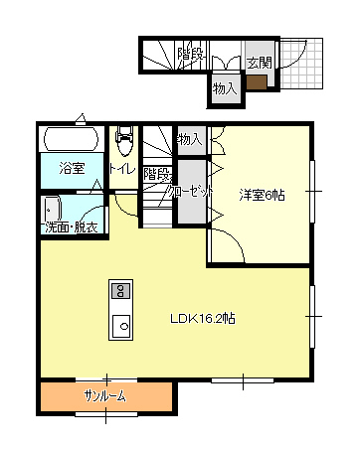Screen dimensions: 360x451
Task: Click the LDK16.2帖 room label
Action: click(x=203, y=319)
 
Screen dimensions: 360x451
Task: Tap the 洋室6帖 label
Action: click(x=262, y=196)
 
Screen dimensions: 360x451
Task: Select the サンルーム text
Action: click(x=105, y=396)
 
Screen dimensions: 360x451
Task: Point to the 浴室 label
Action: click(x=73, y=168)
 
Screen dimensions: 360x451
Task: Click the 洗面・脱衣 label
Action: click(x=72, y=227)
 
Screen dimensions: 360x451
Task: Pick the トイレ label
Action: click(x=122, y=169)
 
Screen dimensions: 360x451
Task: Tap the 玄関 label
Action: click(x=260, y=63)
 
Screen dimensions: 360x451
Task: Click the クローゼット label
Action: click(x=191, y=192)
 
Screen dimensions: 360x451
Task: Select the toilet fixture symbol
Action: click(x=124, y=140)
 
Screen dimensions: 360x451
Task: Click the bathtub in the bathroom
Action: click(x=71, y=139)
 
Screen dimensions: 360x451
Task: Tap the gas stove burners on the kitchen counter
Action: click(x=121, y=291)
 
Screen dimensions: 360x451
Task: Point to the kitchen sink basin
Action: click(x=121, y=326)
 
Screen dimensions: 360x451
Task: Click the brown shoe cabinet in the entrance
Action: click(x=257, y=82)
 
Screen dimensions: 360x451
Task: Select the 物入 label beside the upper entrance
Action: click(x=225, y=88)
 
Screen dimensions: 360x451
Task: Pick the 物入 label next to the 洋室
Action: click(x=190, y=140)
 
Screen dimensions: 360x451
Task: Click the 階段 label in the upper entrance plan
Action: click(x=190, y=54)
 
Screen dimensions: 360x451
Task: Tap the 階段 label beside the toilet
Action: click(x=157, y=174)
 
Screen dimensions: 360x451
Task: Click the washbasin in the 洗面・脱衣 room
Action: click(x=53, y=210)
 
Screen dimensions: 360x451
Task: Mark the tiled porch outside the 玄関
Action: click(x=301, y=64)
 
